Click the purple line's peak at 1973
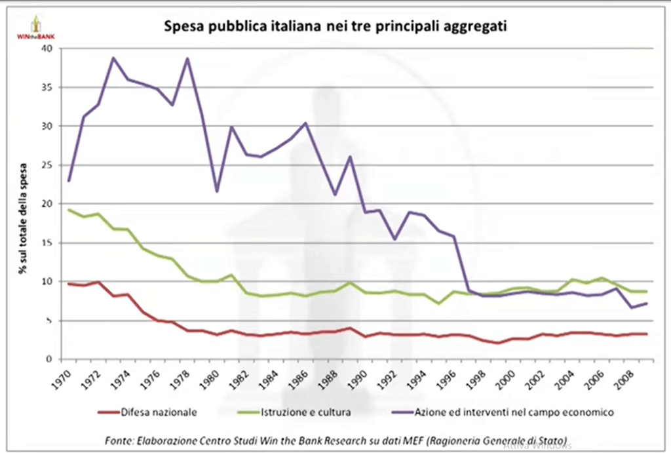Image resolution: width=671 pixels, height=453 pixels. tap(113, 58)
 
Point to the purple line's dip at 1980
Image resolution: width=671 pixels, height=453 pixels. tap(216, 191)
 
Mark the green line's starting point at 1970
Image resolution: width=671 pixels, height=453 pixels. tap(69, 210)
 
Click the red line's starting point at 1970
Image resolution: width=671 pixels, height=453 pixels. tap(69, 284)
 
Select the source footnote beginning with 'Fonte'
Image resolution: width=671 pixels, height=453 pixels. tap(335, 439)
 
